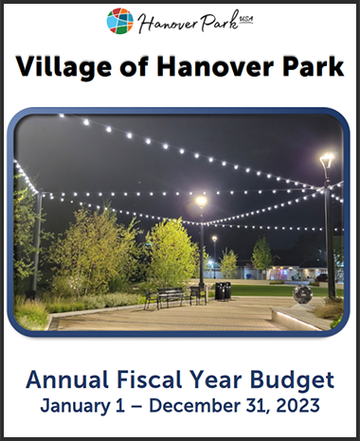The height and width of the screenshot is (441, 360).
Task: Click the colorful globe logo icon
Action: click(x=119, y=21)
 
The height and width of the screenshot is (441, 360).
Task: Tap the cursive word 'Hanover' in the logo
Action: click(x=166, y=22)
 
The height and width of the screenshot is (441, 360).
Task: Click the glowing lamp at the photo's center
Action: click(x=200, y=201)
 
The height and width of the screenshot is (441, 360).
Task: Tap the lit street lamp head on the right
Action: click(x=327, y=160)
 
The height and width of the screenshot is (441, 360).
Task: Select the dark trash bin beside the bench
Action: click(x=222, y=291)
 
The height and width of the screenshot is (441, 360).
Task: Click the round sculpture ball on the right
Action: click(x=302, y=294)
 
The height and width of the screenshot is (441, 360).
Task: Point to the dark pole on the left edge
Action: click(x=37, y=246)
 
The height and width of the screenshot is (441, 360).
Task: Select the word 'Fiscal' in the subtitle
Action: click(x=145, y=381)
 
